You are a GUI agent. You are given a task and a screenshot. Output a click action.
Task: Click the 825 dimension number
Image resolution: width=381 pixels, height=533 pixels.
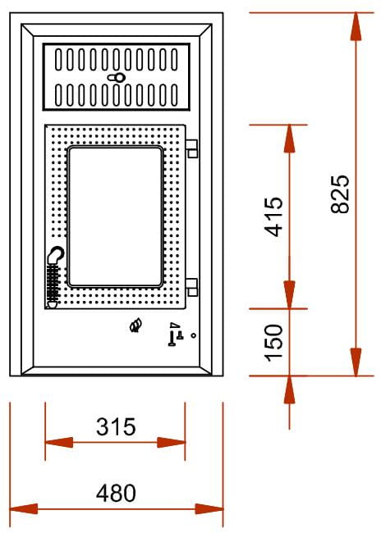340,194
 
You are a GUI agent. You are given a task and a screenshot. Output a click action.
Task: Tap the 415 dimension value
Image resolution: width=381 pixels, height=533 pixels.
274,216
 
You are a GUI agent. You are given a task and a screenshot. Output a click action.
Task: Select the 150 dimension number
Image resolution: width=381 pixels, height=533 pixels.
274,343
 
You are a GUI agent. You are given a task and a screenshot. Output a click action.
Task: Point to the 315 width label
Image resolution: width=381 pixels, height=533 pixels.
116,427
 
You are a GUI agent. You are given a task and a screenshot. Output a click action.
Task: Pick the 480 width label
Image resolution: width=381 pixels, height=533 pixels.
116,493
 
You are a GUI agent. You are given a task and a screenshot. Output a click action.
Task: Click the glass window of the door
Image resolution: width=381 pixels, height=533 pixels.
115,216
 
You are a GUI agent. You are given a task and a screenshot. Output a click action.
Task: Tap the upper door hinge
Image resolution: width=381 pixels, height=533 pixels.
192,148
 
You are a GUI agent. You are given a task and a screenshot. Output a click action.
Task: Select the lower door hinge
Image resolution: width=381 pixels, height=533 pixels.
192,288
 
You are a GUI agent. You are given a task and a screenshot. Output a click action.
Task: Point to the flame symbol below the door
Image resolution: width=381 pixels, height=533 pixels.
135,326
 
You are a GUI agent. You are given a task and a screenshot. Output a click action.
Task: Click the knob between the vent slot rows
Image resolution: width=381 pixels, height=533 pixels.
117,78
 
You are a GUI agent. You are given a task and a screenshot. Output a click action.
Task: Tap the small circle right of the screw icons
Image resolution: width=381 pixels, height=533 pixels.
194,335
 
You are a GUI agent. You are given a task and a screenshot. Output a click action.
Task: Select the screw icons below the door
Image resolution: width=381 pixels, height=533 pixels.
176,335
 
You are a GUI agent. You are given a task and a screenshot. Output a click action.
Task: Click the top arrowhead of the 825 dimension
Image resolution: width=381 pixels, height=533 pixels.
356,26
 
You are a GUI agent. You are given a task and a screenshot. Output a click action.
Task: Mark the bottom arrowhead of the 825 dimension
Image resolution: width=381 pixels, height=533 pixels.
356,362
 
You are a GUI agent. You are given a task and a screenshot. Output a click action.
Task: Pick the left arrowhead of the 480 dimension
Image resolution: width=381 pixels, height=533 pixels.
24,509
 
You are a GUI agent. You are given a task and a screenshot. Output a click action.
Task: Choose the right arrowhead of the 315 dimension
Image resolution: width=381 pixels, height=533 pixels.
171,443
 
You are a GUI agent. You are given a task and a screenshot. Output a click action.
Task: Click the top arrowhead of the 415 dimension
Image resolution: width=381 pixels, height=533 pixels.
289,139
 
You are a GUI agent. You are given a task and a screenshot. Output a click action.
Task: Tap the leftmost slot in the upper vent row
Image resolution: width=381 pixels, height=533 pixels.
58,60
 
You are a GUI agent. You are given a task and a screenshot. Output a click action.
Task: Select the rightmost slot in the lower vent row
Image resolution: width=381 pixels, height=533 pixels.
174,95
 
